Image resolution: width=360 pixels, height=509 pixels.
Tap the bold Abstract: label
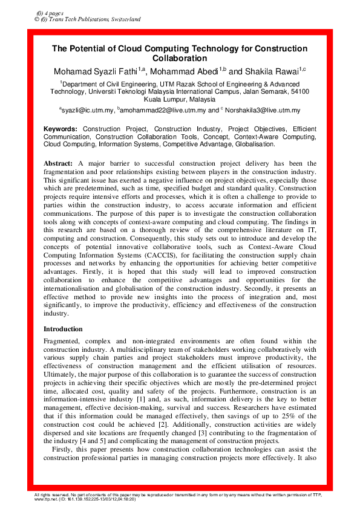click(x=59, y=164)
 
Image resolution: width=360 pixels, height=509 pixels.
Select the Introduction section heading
click(x=64, y=329)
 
